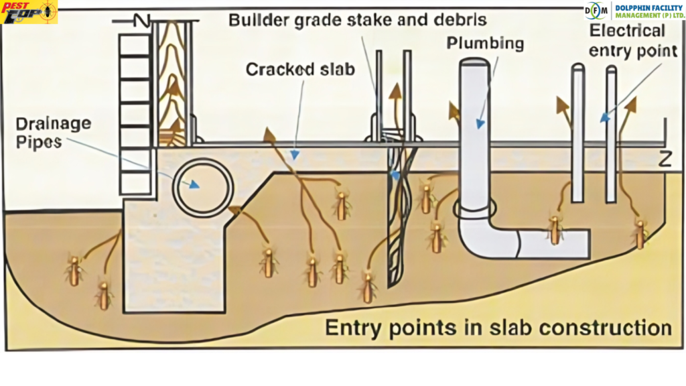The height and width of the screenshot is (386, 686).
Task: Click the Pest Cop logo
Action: [x=29, y=12]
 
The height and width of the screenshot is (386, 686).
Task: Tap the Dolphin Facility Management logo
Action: [x=633, y=11]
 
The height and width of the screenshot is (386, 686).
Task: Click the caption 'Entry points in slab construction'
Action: [x=498, y=328]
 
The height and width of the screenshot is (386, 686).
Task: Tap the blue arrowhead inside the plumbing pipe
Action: [x=479, y=123]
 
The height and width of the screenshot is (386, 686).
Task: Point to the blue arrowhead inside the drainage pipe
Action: [x=194, y=184]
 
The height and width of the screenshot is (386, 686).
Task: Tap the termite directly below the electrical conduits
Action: [x=555, y=228]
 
